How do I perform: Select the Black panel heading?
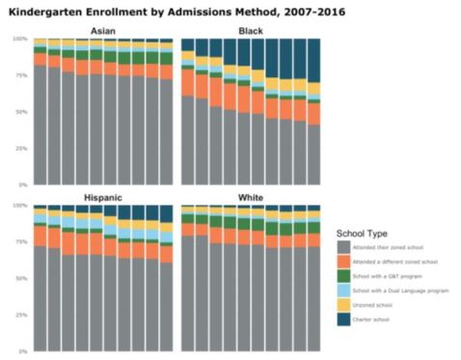click(x=251, y=32)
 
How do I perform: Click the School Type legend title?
click(x=364, y=233)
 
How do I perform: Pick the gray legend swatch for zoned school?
click(x=343, y=247)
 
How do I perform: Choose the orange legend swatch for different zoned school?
click(x=343, y=262)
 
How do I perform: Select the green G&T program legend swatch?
click(x=343, y=276)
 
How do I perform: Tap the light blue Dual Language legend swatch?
click(x=343, y=291)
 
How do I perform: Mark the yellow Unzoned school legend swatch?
click(x=343, y=305)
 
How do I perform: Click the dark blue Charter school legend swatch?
click(x=343, y=319)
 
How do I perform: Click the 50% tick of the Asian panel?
click(x=21, y=112)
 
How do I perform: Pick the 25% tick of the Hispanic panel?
click(x=21, y=315)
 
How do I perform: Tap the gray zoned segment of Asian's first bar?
click(x=40, y=125)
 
